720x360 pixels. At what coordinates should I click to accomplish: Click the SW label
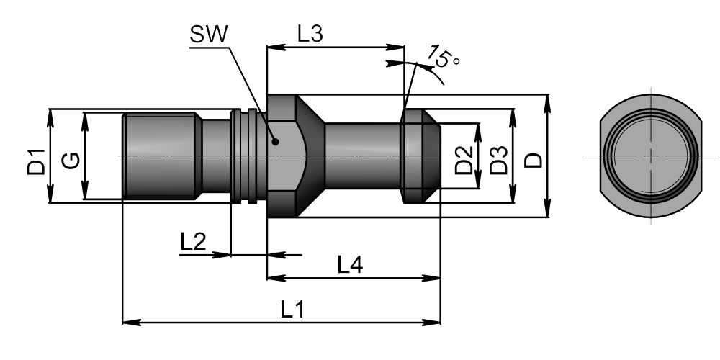coord(207,34)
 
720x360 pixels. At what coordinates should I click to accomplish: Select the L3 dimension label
coord(310,34)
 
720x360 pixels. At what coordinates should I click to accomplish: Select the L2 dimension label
coord(193,240)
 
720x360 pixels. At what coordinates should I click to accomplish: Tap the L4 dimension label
coord(350,265)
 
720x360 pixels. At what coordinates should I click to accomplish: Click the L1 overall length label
coord(292,310)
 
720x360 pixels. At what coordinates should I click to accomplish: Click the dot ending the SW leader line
coord(275,142)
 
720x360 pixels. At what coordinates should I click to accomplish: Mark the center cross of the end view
coord(651,156)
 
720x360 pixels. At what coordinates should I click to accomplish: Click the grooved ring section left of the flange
coord(243,156)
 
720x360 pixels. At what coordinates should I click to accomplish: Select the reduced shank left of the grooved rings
coord(215,156)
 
